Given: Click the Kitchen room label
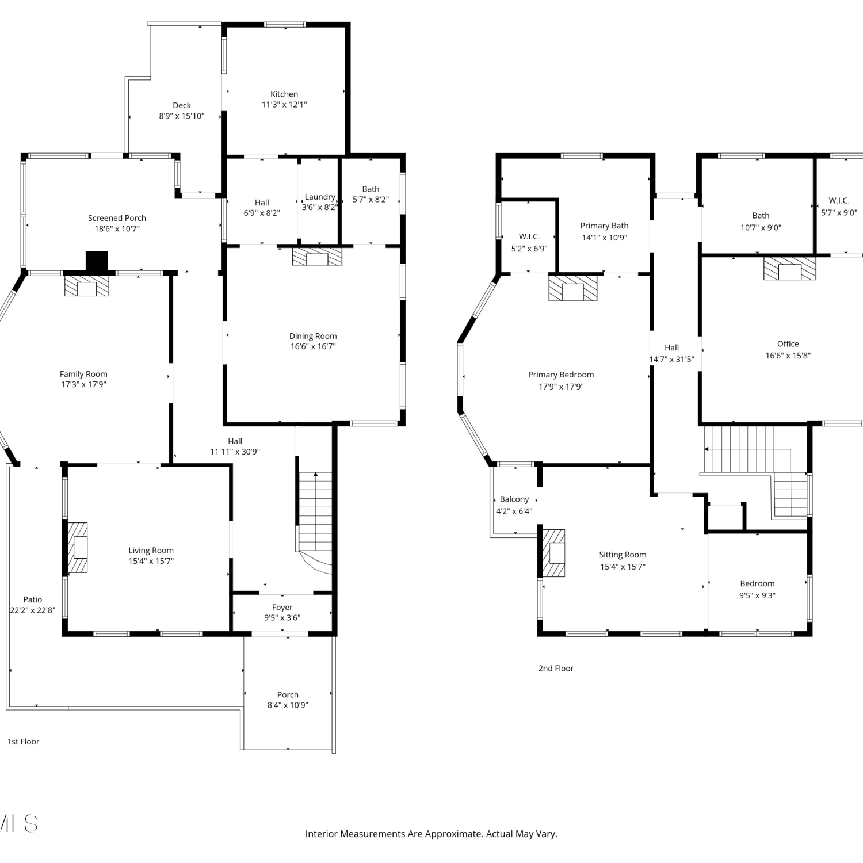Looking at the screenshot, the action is point(284,94).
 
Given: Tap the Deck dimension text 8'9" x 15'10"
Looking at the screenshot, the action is point(182,116).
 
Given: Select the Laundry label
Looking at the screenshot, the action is point(320,197).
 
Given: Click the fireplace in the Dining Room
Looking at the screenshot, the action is point(317,257).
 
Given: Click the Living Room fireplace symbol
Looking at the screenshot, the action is point(78,548).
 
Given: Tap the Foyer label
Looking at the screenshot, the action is point(282,607).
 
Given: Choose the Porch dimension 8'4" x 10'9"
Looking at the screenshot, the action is point(288,705).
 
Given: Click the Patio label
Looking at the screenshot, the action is point(33,599).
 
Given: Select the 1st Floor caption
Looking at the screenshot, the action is point(24,742).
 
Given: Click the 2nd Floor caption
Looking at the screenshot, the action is point(556,668).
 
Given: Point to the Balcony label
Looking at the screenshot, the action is point(514,499).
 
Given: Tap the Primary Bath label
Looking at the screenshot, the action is point(604,226).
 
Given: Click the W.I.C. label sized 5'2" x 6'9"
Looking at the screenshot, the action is point(529,236).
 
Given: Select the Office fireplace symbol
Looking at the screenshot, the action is point(789,269).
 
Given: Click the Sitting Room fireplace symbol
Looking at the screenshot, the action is point(554,553).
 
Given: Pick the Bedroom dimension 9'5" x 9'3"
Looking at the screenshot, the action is point(757,595).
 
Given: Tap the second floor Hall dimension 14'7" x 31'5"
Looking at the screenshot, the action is point(671,359).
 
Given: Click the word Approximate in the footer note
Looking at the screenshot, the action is point(453,833).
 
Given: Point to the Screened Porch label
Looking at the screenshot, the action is point(117,218).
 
